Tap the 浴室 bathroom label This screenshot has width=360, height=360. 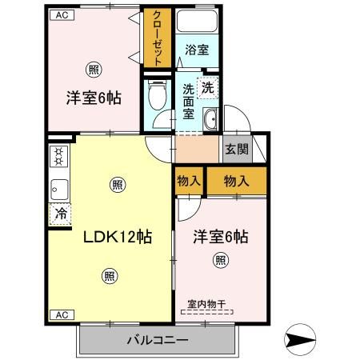(196, 50)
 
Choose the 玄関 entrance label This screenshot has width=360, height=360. (236, 149)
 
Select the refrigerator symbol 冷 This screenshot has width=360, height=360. (60, 213)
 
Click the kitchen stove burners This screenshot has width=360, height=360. (58, 156)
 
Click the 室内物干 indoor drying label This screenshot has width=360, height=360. (206, 303)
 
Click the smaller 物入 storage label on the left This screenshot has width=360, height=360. (189, 181)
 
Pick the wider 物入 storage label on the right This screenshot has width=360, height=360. (237, 181)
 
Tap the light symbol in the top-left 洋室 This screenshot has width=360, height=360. (94, 70)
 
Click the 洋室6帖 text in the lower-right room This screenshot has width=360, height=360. (220, 237)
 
